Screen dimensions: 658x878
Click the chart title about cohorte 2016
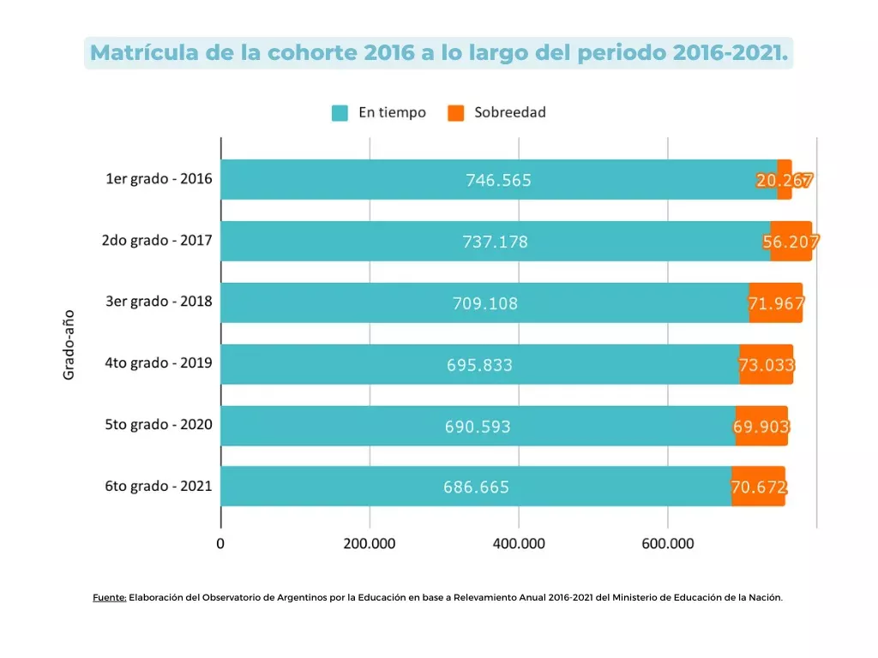438,52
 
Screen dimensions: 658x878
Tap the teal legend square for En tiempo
340,112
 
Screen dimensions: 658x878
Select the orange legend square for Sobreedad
456,112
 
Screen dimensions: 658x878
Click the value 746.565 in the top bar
498,180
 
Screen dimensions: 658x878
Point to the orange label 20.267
785,180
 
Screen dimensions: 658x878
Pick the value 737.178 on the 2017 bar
495,242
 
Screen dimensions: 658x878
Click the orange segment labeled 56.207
791,242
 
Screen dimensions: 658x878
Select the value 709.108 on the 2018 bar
485,303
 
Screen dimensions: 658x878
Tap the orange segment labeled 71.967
776,303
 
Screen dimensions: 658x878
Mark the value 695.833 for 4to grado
479,365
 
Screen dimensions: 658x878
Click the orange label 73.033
767,365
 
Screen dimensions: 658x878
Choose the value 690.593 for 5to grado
478,426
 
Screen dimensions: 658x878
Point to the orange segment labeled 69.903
761,426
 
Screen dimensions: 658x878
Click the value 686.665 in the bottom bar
476,488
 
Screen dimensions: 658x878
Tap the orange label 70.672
759,488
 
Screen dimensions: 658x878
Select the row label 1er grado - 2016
159,179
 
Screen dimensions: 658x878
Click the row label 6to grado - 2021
159,486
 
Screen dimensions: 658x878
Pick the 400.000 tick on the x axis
519,544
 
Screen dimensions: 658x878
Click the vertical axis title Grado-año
69,344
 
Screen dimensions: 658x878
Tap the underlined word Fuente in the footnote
110,598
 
